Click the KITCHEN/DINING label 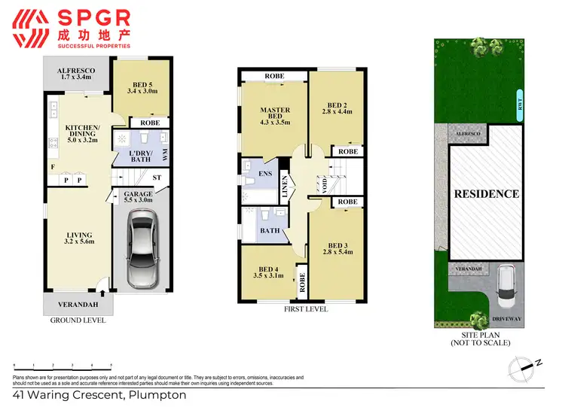[82, 134]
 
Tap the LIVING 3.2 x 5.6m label [78, 238]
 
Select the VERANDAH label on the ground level [78, 304]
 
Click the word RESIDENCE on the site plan [486, 193]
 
